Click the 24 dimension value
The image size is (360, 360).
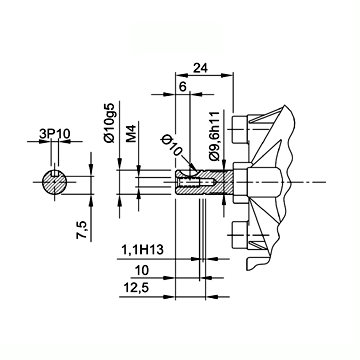pos(201,68)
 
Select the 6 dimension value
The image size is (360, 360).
pos(183,87)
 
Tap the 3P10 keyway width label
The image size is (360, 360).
pos(55,134)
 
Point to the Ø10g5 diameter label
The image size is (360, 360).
pos(110,123)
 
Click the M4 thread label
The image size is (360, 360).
pos(132,134)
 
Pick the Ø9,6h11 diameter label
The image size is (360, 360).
pos(216,136)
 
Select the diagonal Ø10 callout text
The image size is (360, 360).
pos(172,146)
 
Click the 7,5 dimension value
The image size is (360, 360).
pos(82,230)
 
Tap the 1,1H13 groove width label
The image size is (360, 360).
pos(143,250)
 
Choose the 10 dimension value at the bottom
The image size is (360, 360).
pos(140,270)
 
